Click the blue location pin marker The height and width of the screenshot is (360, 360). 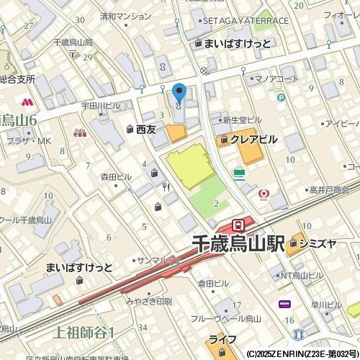tap(179, 94)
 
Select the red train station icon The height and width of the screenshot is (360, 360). tap(238, 223)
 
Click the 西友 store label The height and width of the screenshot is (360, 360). tap(146, 129)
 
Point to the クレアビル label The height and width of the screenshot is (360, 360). tap(254, 140)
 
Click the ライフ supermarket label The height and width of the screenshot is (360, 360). tap(218, 338)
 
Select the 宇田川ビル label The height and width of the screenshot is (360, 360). tap(100, 106)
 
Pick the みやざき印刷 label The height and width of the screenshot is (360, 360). tap(148, 300)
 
